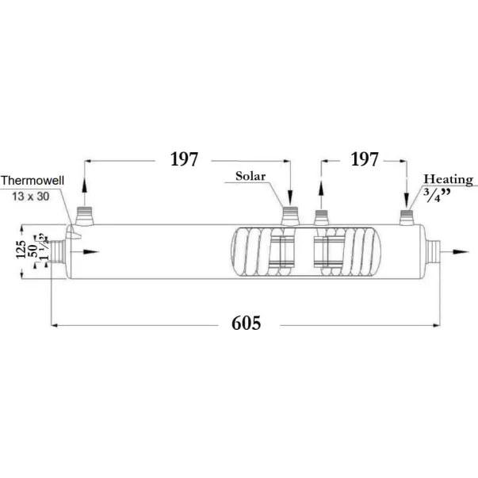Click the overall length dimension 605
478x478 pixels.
[x=246, y=323]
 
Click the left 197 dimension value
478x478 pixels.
[x=184, y=159]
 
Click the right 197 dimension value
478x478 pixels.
[x=365, y=159]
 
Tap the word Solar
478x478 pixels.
[x=250, y=176]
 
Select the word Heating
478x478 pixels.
[x=448, y=179]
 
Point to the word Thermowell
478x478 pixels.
[x=33, y=180]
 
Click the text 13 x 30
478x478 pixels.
[x=30, y=197]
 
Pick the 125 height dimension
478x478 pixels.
[x=21, y=250]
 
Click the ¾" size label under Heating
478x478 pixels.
[x=438, y=195]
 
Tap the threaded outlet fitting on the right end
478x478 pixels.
[x=433, y=252]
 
